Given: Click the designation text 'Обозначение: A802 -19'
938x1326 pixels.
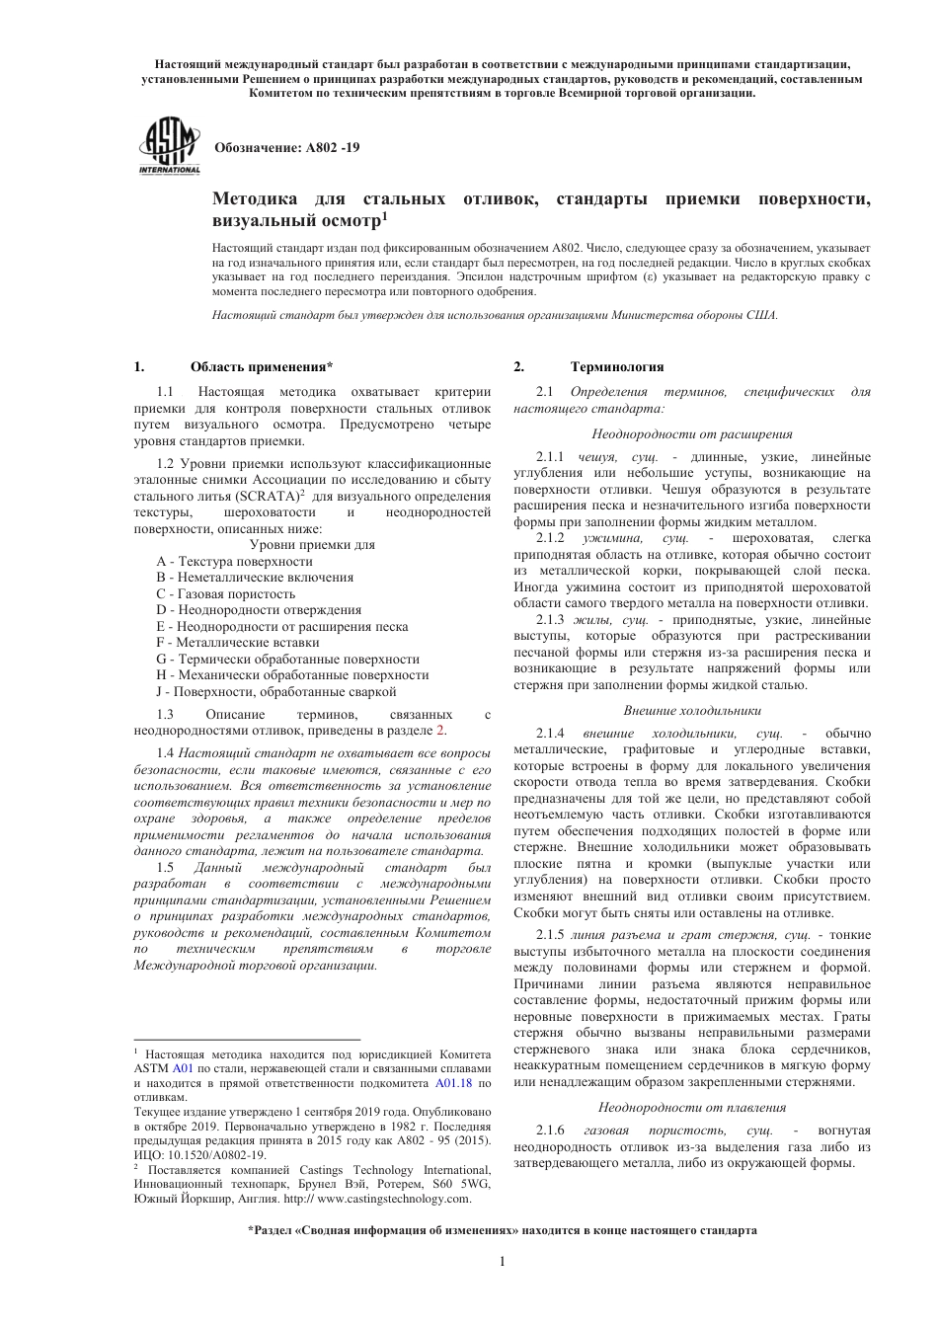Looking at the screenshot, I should tap(287, 147).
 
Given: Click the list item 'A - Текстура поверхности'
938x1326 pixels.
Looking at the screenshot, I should tap(234, 561).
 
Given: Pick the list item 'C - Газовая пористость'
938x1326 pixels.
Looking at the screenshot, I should tap(225, 593).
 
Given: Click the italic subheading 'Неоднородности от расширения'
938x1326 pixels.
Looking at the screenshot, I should tap(691, 433).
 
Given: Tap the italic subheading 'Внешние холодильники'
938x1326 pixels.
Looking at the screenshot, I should tap(691, 710).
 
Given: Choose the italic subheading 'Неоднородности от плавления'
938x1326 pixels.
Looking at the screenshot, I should tap(691, 1107).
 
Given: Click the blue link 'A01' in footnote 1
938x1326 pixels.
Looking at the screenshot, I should tap(183, 1068).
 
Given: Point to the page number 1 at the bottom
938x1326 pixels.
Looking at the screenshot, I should tap(502, 1261).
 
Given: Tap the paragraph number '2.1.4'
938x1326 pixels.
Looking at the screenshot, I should tap(550, 734).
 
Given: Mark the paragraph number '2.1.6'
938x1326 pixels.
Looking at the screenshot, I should tap(550, 1130).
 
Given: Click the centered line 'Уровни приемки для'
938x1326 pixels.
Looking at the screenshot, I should tap(311, 544).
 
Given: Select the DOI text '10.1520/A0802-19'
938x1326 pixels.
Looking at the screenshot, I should tap(216, 1154).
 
